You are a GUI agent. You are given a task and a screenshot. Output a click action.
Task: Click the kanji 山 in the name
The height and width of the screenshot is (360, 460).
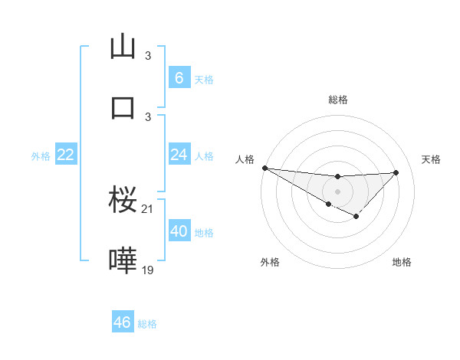tap(123, 47)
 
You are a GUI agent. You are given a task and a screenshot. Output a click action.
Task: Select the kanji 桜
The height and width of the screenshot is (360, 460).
tap(123, 200)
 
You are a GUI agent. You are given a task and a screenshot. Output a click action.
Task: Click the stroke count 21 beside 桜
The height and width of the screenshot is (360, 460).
tap(148, 209)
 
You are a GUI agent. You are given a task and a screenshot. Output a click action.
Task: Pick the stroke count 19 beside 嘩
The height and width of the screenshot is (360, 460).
tap(148, 270)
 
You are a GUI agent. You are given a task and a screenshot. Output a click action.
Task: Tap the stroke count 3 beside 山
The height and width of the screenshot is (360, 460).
tap(148, 56)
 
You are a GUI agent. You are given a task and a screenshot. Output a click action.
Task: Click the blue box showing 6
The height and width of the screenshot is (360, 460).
tap(179, 78)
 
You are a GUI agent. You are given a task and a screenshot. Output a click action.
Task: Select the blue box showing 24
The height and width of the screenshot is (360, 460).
tap(179, 155)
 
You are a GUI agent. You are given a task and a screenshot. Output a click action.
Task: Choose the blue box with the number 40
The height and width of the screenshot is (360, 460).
tap(179, 231)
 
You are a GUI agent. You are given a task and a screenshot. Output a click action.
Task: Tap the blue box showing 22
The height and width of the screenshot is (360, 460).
tap(66, 155)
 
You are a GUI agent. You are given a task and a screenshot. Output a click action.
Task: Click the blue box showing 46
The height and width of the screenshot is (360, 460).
tap(122, 322)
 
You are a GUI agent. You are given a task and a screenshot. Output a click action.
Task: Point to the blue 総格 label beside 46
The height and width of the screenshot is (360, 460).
tap(147, 324)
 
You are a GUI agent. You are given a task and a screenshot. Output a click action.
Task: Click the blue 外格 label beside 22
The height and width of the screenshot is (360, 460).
tap(41, 156)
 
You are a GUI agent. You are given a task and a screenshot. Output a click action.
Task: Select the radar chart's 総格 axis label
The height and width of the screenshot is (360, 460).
tap(338, 100)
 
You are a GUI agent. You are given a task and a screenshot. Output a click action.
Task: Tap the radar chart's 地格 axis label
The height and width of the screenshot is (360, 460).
tap(402, 262)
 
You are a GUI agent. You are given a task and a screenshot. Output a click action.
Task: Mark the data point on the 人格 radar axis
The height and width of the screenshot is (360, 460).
tap(264, 168)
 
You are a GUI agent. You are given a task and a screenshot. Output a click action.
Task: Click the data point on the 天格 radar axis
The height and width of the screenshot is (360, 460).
tap(396, 172)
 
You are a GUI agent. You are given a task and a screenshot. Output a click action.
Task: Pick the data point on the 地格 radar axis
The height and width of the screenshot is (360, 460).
tap(356, 218)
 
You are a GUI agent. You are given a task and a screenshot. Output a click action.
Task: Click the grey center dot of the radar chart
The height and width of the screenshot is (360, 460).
tap(337, 191)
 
